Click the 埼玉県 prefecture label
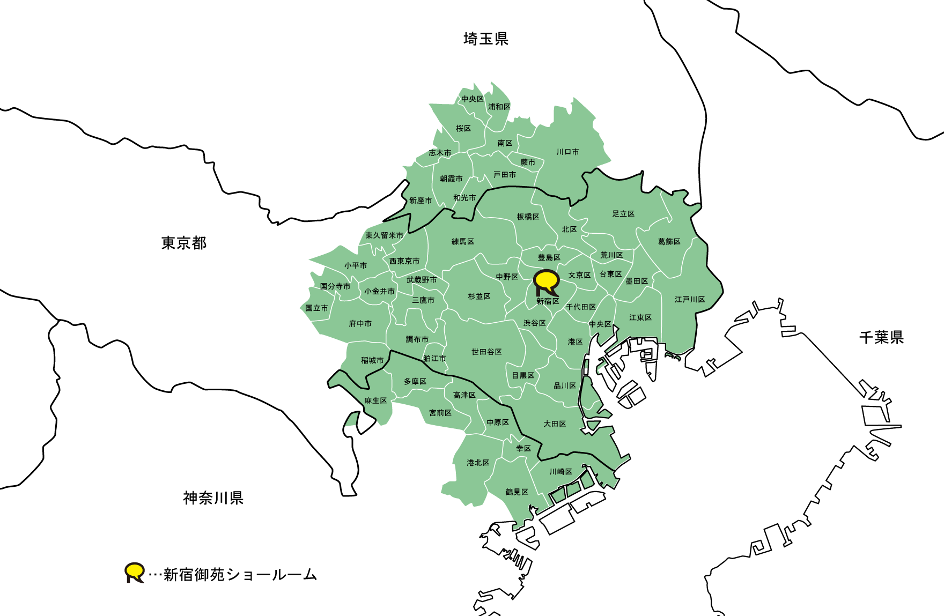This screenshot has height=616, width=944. point(485,39)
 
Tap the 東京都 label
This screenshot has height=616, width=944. point(184,243)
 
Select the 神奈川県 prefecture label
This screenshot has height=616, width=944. point(213,498)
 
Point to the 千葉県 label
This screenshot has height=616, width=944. point(881,337)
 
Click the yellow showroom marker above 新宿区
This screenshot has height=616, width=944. point(547,281)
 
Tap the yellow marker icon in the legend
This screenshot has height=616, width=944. point(134,572)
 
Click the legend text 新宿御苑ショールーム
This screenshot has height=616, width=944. point(240,575)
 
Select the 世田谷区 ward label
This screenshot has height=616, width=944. point(486,352)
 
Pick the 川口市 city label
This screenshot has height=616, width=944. point(567,152)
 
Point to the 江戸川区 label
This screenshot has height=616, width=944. point(690,299)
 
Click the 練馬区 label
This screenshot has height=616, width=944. point(462,242)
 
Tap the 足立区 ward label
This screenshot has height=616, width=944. point(623,214)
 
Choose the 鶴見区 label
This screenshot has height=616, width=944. point(517,492)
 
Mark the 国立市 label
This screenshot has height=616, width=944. point(316,308)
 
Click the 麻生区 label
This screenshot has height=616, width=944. point(375,400)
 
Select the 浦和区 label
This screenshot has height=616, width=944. point(499,107)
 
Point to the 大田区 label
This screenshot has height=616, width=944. point(555,424)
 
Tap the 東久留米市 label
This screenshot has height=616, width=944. point(385,235)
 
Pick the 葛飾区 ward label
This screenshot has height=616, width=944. point(669,242)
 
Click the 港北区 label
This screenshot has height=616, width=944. point(478,462)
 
